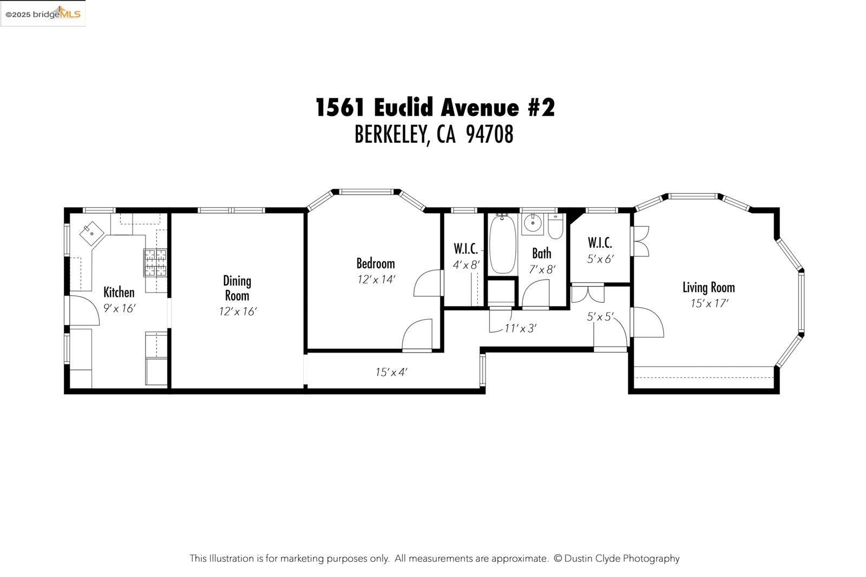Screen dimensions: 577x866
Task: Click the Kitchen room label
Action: (119, 293)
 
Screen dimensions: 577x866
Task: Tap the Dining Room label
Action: (237, 288)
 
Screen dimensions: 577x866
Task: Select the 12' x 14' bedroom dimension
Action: (376, 280)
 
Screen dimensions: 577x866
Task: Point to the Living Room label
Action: (708, 287)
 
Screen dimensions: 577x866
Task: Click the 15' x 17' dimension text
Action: (709, 303)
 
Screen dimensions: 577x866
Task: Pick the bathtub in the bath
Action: (503, 244)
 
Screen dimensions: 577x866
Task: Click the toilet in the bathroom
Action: (556, 227)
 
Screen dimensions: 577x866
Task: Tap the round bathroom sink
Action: (533, 222)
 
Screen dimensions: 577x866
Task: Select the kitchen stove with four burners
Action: (156, 262)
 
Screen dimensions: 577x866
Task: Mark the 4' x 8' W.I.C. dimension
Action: (466, 265)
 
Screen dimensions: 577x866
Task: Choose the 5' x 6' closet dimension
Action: (600, 259)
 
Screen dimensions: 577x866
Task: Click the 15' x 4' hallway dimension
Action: (391, 372)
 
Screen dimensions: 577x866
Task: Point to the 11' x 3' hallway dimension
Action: (520, 328)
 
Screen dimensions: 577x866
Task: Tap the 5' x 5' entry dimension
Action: (600, 317)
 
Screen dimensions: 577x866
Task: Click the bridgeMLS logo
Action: (43, 14)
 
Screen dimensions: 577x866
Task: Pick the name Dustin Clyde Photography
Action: (621, 559)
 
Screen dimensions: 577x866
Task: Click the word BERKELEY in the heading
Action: (392, 135)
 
